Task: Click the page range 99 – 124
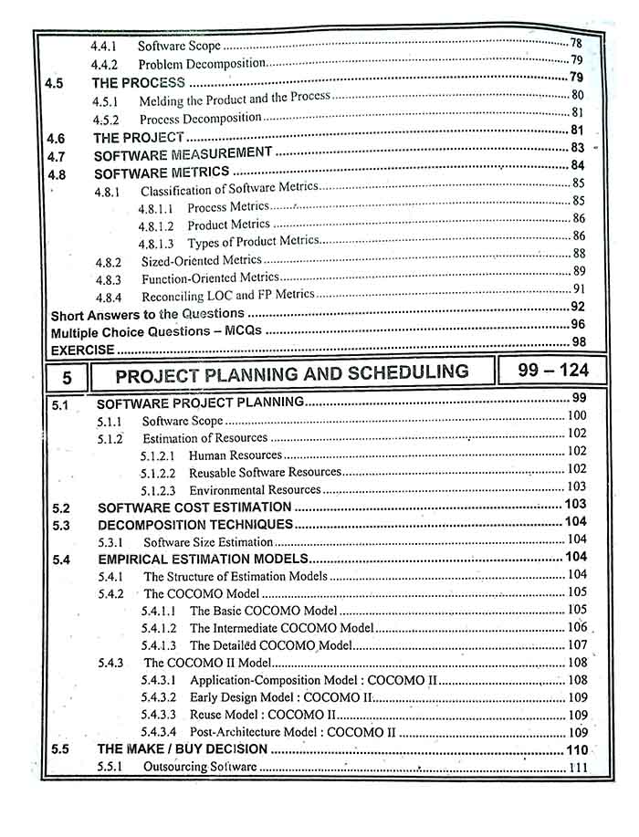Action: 547,371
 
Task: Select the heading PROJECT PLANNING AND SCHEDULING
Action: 292,372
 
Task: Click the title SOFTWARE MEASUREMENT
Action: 183,153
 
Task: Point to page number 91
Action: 578,289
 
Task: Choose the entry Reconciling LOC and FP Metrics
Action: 227,296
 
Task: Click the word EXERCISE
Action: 82,350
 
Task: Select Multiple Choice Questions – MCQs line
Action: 155,331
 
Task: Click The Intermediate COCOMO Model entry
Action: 281,628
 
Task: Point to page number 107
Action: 577,644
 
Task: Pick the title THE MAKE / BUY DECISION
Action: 183,749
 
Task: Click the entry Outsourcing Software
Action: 200,768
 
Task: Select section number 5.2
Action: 62,507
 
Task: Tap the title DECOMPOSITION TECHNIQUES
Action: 195,524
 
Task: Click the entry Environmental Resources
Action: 255,489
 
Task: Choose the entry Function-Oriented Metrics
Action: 210,278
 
